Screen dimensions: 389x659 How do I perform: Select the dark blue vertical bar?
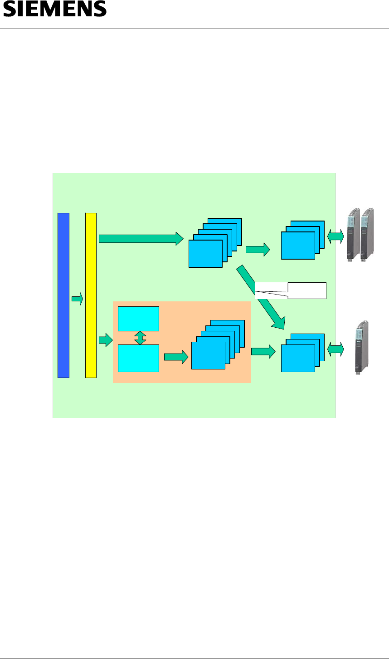tap(63, 295)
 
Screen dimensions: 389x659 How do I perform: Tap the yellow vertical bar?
tap(91, 295)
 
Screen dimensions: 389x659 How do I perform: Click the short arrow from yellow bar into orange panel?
tap(105, 340)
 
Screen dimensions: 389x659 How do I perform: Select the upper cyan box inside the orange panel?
tap(138, 319)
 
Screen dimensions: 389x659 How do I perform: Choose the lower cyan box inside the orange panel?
tap(138, 358)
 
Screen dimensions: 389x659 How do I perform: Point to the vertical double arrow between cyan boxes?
tap(140, 338)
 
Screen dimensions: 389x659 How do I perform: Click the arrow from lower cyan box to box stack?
tap(175, 357)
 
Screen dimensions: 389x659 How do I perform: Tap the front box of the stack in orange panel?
tap(208, 355)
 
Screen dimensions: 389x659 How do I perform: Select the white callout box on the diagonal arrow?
tap(306, 290)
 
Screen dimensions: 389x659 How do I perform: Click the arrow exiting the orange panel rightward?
tap(263, 351)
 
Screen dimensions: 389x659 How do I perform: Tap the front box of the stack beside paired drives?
tap(298, 245)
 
